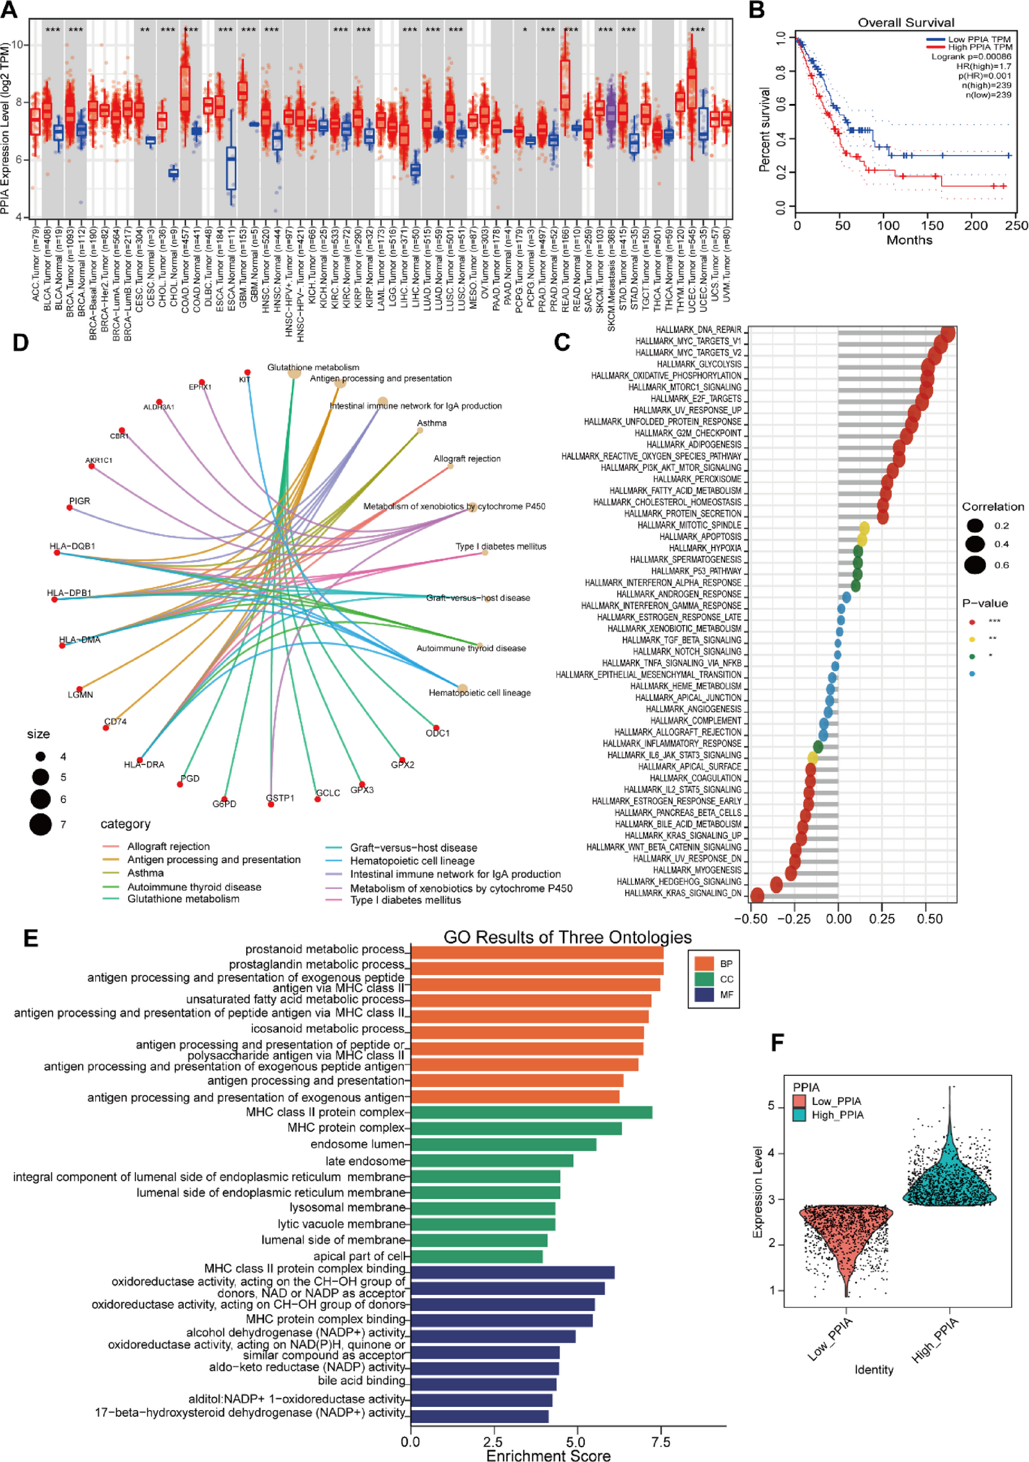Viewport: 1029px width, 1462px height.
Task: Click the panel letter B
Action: (757, 11)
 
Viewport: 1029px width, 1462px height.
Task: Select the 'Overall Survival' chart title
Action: (905, 23)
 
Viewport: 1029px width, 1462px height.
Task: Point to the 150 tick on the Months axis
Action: (933, 225)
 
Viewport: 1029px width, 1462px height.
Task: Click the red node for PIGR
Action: (69, 507)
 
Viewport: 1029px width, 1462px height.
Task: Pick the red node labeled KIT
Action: (247, 372)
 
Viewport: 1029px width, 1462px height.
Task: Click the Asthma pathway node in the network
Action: (420, 431)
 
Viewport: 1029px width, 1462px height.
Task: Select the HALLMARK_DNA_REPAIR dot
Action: (947, 333)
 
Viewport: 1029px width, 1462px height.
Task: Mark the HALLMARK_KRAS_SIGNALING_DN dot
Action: (758, 895)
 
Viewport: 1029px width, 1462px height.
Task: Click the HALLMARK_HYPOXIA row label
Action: (704, 548)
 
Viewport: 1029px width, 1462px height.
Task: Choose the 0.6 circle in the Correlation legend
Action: (975, 565)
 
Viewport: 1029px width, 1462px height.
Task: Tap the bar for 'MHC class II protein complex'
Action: (531, 1112)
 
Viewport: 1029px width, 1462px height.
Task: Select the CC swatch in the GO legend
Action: (704, 979)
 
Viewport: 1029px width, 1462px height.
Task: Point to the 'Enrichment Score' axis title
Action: (548, 1455)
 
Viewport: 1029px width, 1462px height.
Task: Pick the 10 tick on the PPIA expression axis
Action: (17, 45)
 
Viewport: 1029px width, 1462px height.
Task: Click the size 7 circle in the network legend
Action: (40, 824)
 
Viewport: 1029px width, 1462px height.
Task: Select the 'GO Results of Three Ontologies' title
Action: (567, 937)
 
